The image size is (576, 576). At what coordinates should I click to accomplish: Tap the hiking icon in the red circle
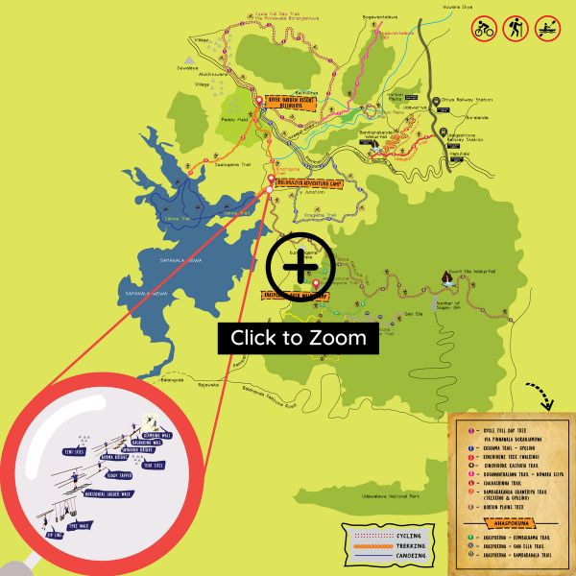pyautogui.click(x=516, y=27)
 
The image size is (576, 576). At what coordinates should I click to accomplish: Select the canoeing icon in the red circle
pyautogui.click(x=549, y=27)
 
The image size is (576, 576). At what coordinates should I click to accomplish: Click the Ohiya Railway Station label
pyautogui.click(x=458, y=98)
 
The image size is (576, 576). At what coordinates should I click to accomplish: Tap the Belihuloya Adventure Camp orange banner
pyautogui.click(x=308, y=180)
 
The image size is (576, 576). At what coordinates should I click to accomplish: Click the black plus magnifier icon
pyautogui.click(x=300, y=261)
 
